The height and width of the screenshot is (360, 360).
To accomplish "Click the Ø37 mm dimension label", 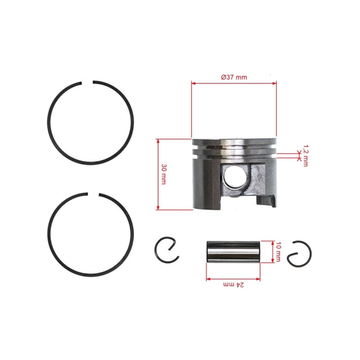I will [x=233, y=77].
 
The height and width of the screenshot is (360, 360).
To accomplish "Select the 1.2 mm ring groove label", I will [x=305, y=155].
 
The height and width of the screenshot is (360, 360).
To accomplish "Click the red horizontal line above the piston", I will [x=234, y=83].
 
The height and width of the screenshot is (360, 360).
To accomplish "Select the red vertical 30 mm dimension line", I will [x=158, y=174].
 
